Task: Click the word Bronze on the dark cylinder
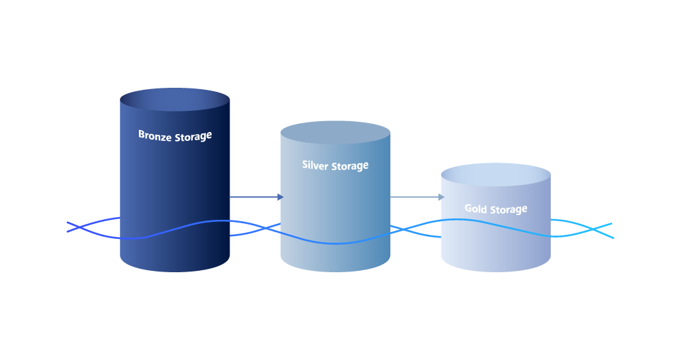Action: pyautogui.click(x=155, y=135)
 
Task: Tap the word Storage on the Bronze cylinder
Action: pyautogui.click(x=193, y=137)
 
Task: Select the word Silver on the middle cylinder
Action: pyautogui.click(x=315, y=165)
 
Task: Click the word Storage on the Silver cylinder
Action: pyautogui.click(x=350, y=166)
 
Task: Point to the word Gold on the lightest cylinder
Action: pyautogui.click(x=475, y=208)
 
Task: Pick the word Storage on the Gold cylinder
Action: pyautogui.click(x=509, y=210)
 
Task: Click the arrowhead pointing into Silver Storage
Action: pyautogui.click(x=281, y=197)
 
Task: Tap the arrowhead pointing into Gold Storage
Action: pyautogui.click(x=442, y=197)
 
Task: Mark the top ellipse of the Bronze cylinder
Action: pyautogui.click(x=174, y=99)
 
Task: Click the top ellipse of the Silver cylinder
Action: pyautogui.click(x=335, y=133)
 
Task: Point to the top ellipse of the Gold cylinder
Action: pyautogui.click(x=496, y=175)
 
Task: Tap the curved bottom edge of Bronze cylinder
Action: pyautogui.click(x=174, y=272)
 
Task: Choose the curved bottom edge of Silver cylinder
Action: pyautogui.click(x=335, y=272)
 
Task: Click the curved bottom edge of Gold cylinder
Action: pyautogui.click(x=496, y=272)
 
